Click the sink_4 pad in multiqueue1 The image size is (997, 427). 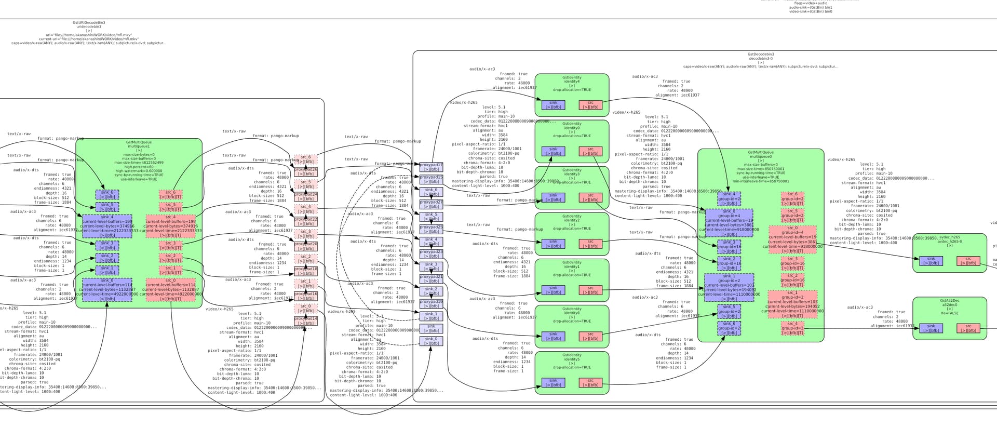[x=107, y=226]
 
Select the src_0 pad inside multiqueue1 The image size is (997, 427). [x=170, y=289]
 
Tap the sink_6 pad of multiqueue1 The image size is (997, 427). [x=107, y=195]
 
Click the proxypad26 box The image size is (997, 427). [x=306, y=172]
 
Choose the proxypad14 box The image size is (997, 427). [x=306, y=321]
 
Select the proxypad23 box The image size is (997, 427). [x=431, y=254]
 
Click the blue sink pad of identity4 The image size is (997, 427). [x=553, y=105]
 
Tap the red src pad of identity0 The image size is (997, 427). [x=590, y=151]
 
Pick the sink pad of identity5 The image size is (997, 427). [x=553, y=383]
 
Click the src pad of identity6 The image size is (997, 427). [x=590, y=337]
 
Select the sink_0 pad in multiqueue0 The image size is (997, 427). [x=729, y=223]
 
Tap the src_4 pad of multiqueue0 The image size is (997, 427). [x=792, y=328]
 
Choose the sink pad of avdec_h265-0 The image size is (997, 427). [x=931, y=261]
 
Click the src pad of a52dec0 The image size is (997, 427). [x=968, y=328]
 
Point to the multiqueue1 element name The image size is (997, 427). [x=139, y=146]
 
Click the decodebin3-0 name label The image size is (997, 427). [x=761, y=59]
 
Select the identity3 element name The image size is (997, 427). [x=572, y=174]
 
